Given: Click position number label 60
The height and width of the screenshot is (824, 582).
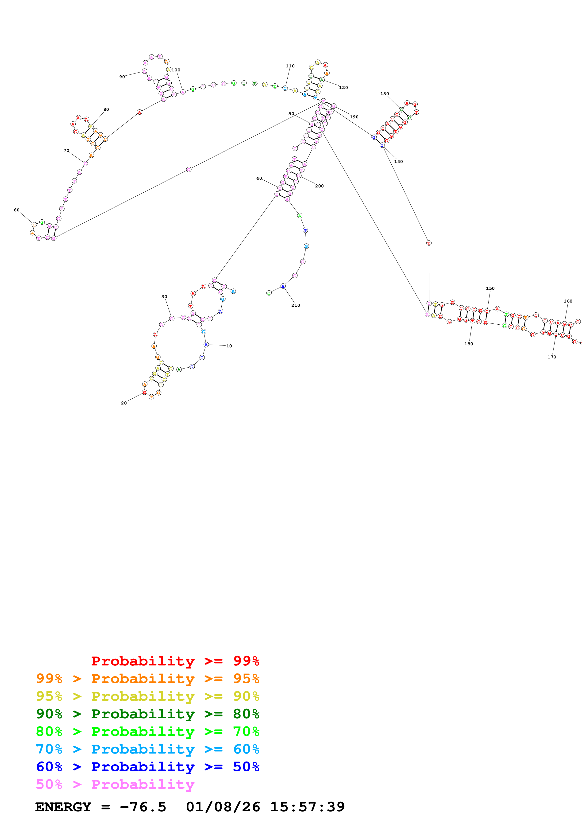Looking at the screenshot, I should point(16,210).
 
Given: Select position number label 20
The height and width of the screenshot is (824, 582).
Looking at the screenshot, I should point(124,403).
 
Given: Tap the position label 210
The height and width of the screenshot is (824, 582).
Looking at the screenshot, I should point(296,305).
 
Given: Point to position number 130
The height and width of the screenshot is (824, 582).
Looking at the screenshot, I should point(384,94).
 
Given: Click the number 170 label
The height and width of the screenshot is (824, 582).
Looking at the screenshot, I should point(551,357).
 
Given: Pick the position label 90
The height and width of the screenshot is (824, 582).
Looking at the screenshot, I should point(122,77).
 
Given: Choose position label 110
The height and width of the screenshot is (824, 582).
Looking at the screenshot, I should point(290,66).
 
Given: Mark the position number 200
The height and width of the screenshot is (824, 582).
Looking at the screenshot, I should point(319,186).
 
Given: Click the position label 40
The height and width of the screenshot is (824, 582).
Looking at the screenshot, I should point(259,178).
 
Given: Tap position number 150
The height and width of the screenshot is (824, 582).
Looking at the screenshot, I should point(490,288).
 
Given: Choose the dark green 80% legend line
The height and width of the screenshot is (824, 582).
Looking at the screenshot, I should point(148,714).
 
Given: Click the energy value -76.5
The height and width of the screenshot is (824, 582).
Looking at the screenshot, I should point(143,807).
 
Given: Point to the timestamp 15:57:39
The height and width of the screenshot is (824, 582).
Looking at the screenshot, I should point(307,807).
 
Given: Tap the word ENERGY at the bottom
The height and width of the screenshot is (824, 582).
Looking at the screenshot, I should point(63,807).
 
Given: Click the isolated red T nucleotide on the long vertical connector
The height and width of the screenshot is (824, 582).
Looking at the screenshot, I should point(428,243).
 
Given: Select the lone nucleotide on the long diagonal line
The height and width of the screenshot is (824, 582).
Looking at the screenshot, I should point(189,169).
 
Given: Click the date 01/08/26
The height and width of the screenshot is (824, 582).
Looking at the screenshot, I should point(223,807).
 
